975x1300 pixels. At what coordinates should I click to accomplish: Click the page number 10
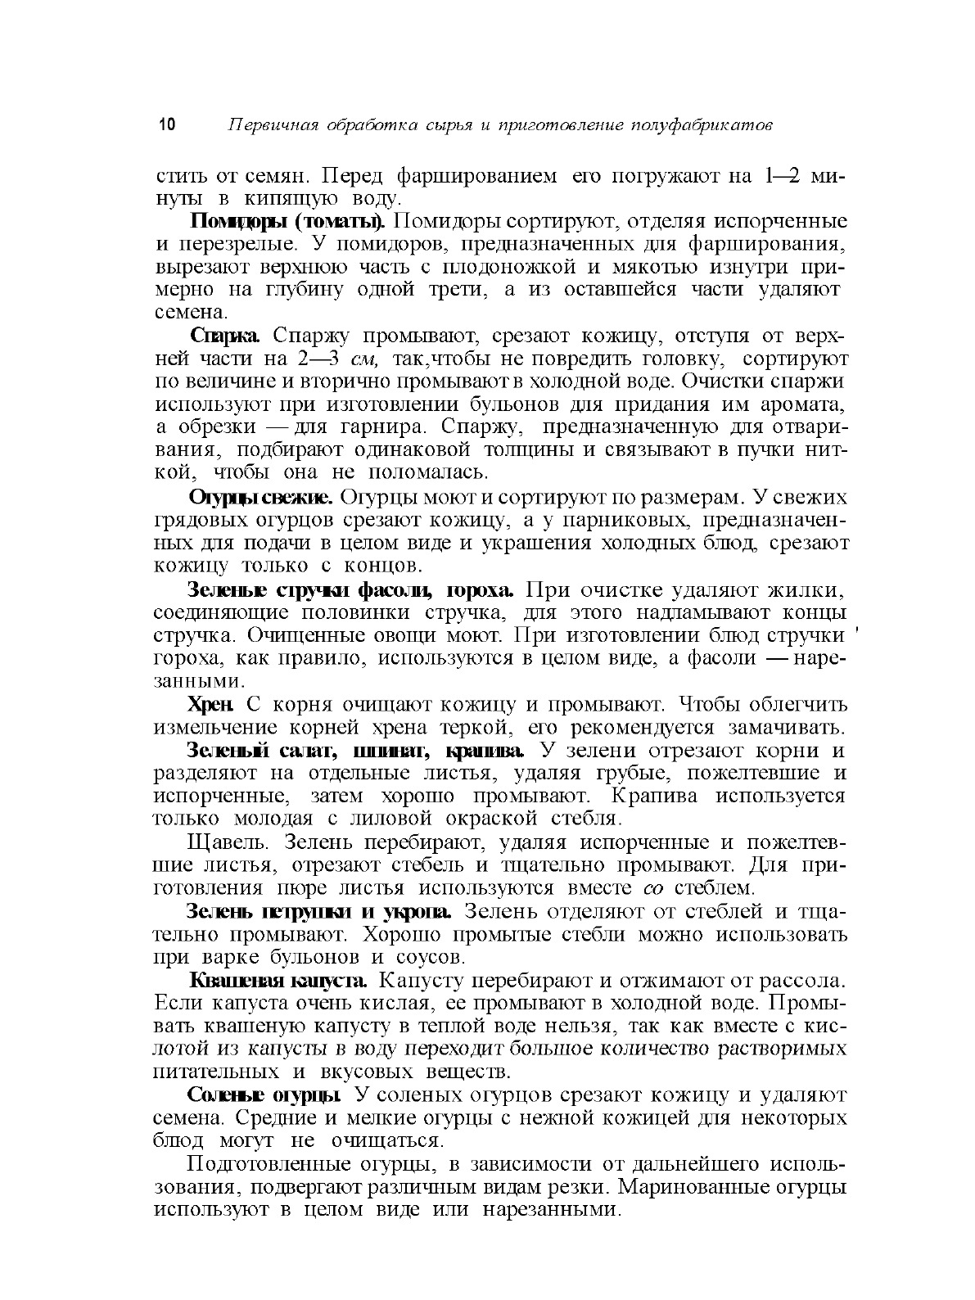click(x=166, y=125)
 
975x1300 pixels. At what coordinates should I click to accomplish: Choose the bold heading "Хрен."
click(x=212, y=704)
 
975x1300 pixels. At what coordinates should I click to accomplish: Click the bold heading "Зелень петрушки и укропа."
click(x=321, y=911)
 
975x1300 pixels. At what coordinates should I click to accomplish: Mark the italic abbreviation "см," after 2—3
click(x=364, y=359)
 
